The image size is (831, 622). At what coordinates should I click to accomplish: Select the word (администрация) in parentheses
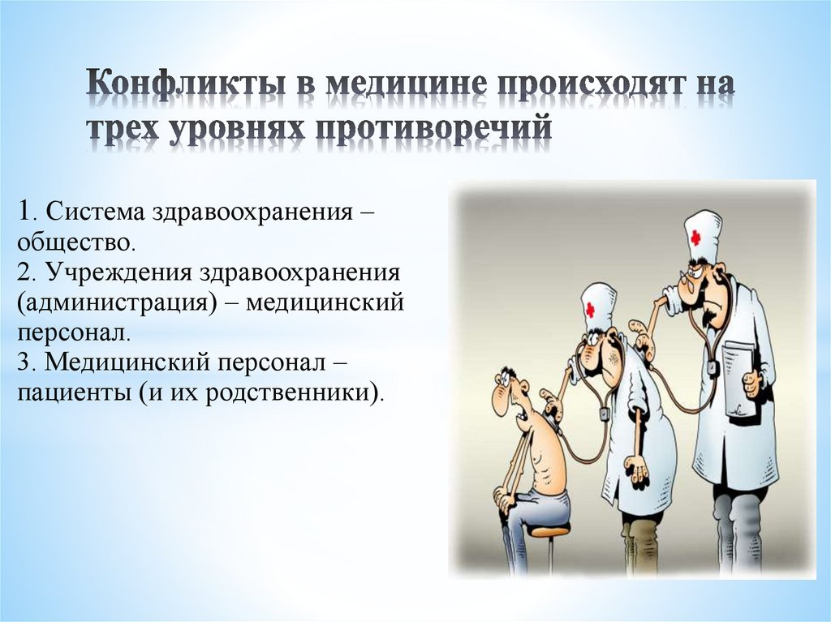pyautogui.click(x=122, y=302)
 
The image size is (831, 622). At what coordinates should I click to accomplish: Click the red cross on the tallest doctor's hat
pyautogui.click(x=695, y=237)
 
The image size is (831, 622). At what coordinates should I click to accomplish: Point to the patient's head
pyautogui.click(x=508, y=390)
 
